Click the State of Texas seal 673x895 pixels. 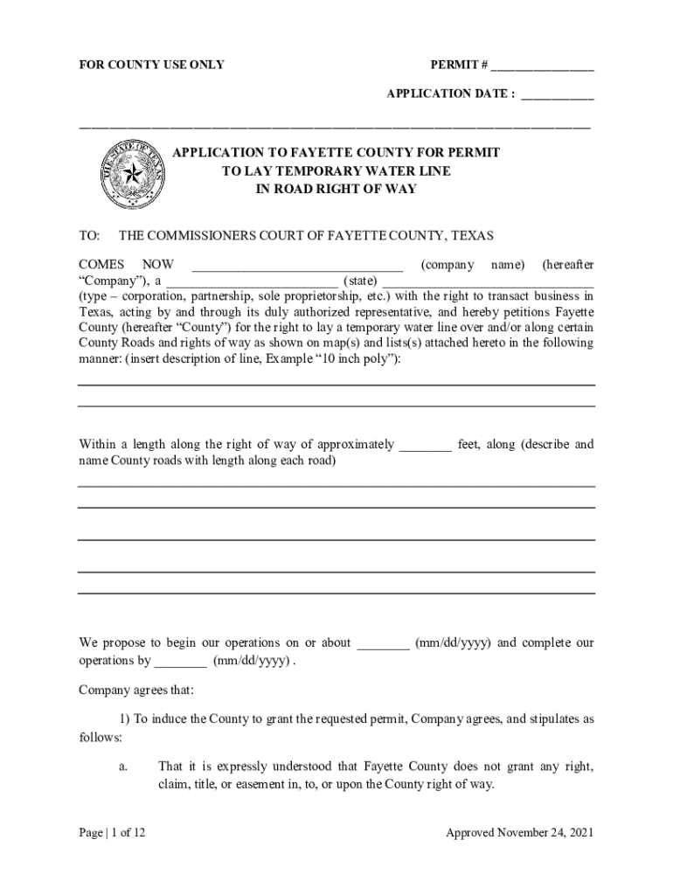click(132, 174)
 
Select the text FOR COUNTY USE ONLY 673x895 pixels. click(151, 65)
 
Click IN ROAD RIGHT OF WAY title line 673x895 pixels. click(336, 189)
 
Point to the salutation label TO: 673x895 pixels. click(90, 236)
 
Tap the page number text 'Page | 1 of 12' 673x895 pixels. click(112, 833)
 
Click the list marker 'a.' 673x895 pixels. click(123, 767)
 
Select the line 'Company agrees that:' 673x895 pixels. click(135, 690)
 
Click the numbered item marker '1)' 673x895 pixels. click(124, 719)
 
